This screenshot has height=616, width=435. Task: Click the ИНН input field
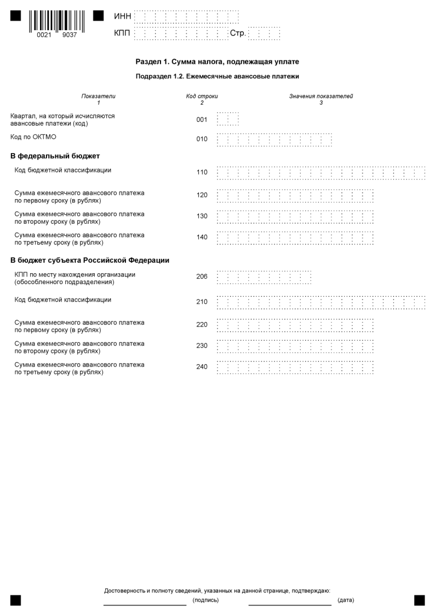pos(186,16)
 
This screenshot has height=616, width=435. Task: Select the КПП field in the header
pos(181,34)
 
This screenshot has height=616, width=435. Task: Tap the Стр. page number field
pos(264,34)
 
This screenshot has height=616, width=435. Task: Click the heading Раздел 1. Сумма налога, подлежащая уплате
pos(218,62)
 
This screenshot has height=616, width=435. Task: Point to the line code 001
pos(202,120)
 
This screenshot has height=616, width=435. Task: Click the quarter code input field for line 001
pos(228,119)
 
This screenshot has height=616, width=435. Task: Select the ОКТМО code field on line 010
pos(274,139)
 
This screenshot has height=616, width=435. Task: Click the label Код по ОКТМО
pos(33,137)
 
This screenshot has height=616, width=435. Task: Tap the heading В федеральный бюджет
pos(55,156)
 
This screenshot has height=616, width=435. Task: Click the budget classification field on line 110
pos(321,173)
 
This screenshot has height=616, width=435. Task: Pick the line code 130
pos(202,216)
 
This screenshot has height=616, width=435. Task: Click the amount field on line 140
pos(295,238)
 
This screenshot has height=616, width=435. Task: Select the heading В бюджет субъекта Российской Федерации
pos(90,261)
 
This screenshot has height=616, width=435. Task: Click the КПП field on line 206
pos(264,277)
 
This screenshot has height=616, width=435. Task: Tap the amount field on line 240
pos(295,367)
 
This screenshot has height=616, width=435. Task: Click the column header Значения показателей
pos(321,97)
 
